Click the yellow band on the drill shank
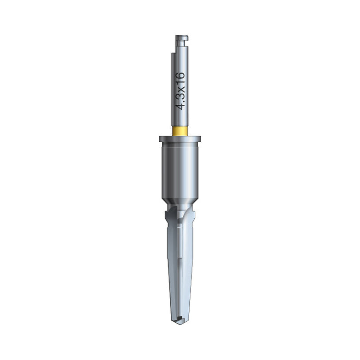tap(180, 131)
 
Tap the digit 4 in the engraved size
tap(180, 106)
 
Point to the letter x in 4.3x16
tap(181, 89)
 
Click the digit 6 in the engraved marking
tap(180, 76)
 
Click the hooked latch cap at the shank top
tap(182, 37)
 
